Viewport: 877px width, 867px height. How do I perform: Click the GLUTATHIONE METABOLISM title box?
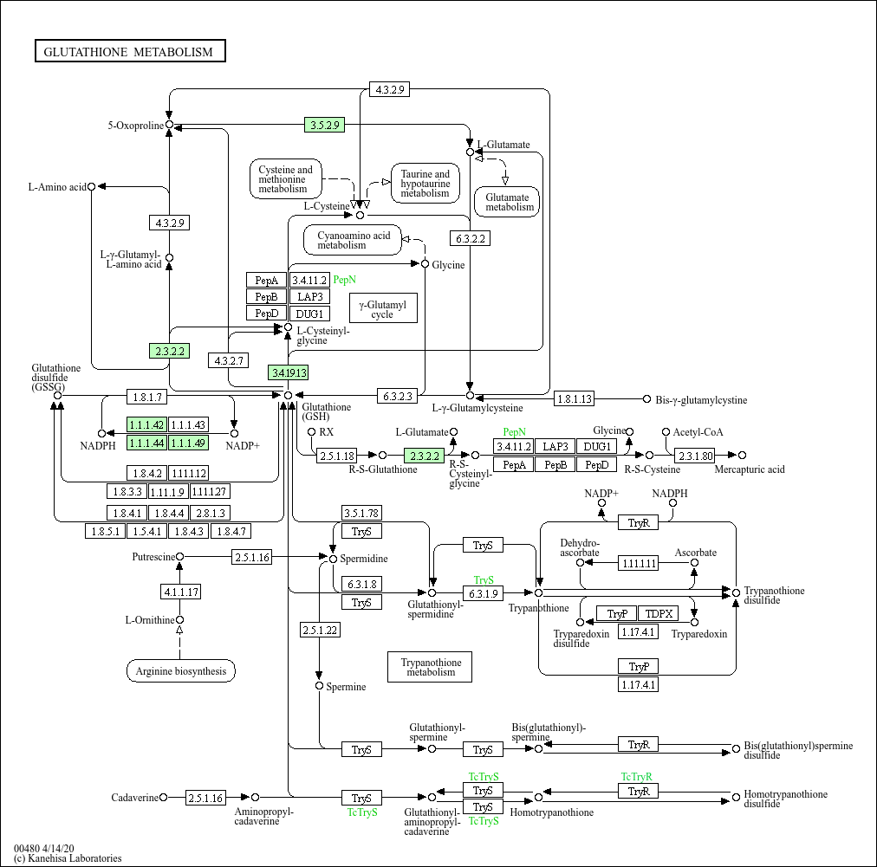coord(130,51)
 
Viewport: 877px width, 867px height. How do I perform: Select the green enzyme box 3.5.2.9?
coord(324,125)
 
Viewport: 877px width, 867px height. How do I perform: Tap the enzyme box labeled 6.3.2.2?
coord(471,239)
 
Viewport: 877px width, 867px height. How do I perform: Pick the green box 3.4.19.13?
coord(289,372)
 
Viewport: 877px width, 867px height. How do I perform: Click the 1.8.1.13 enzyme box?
coord(575,399)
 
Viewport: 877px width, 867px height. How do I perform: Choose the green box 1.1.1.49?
coord(189,443)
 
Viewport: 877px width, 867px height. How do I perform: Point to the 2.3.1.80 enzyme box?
coord(695,456)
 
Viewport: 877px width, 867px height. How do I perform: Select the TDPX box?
coord(659,613)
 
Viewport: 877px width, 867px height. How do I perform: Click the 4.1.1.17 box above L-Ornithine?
coord(180,592)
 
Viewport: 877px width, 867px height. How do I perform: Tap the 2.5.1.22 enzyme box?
coord(320,630)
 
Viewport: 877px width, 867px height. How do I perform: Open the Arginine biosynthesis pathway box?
coord(180,670)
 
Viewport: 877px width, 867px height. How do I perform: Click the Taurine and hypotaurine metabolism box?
coord(426,184)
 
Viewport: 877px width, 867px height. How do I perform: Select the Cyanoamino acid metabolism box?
coord(353,241)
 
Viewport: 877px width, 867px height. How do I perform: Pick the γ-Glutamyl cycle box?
coord(383,308)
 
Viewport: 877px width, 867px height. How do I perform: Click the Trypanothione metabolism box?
coord(430,667)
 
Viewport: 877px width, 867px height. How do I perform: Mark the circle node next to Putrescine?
coord(179,557)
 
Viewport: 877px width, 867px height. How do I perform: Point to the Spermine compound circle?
coord(320,686)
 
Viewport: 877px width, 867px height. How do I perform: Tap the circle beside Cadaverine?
coord(163,797)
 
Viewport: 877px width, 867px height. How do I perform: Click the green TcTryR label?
coord(636,776)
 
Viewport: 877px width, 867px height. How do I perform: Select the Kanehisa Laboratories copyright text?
coord(68,858)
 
